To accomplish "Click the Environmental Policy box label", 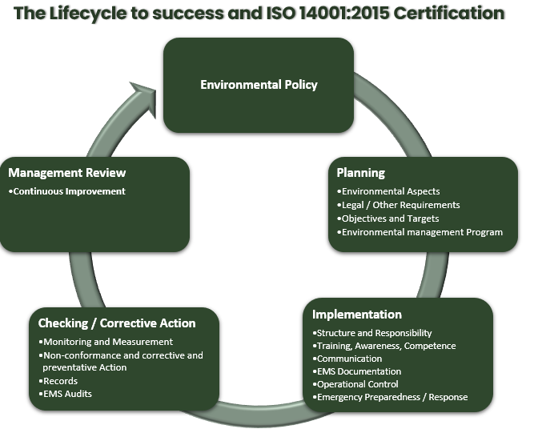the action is click(x=259, y=85).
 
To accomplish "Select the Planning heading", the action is click(x=360, y=173).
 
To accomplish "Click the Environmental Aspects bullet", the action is click(x=388, y=191).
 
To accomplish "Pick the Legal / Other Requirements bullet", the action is click(x=399, y=205).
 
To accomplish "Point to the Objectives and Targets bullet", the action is click(x=388, y=218).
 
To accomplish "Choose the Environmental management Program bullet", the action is click(x=420, y=233).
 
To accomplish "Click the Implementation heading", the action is click(x=357, y=315).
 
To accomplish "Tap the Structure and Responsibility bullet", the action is click(x=372, y=333).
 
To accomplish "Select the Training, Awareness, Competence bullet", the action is click(x=384, y=346).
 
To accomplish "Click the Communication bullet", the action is click(x=347, y=359).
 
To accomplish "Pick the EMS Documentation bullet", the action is click(x=357, y=371).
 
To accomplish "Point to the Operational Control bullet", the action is click(x=355, y=384).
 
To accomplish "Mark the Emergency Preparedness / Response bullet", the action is click(x=390, y=397).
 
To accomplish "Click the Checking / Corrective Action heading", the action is click(x=117, y=323).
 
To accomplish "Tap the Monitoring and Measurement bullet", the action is click(x=106, y=342).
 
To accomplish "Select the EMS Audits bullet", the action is click(x=65, y=394).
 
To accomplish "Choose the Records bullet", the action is click(x=58, y=381).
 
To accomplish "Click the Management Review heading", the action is click(x=67, y=173).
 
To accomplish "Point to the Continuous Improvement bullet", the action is click(x=67, y=191).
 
